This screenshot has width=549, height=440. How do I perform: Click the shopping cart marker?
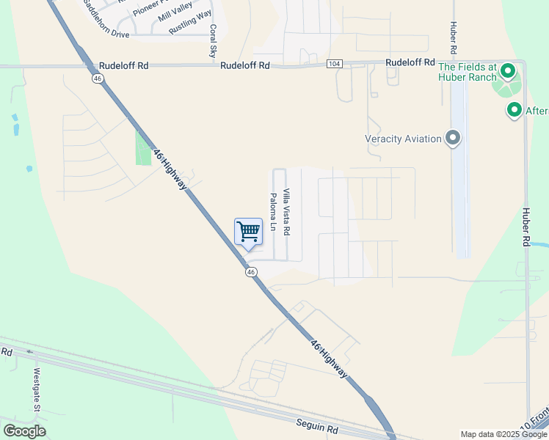pyautogui.click(x=248, y=232)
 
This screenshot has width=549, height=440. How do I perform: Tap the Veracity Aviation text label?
pyautogui.click(x=403, y=139)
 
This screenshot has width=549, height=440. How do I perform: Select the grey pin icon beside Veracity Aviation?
pyautogui.click(x=453, y=138)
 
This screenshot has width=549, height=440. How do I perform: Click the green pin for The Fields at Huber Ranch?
pyautogui.click(x=507, y=72)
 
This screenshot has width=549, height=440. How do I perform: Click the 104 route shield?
pyautogui.click(x=334, y=65)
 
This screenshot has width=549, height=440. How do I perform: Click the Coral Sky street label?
pyautogui.click(x=213, y=41)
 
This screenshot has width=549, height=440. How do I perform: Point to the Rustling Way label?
pyautogui.click(x=189, y=22)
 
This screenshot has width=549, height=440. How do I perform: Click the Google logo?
pyautogui.click(x=24, y=431)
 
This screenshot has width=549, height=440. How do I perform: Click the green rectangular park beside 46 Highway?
pyautogui.click(x=143, y=149)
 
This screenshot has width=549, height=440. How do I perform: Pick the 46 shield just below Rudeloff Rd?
pyautogui.click(x=97, y=78)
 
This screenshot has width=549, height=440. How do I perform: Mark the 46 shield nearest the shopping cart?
pyautogui.click(x=251, y=271)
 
